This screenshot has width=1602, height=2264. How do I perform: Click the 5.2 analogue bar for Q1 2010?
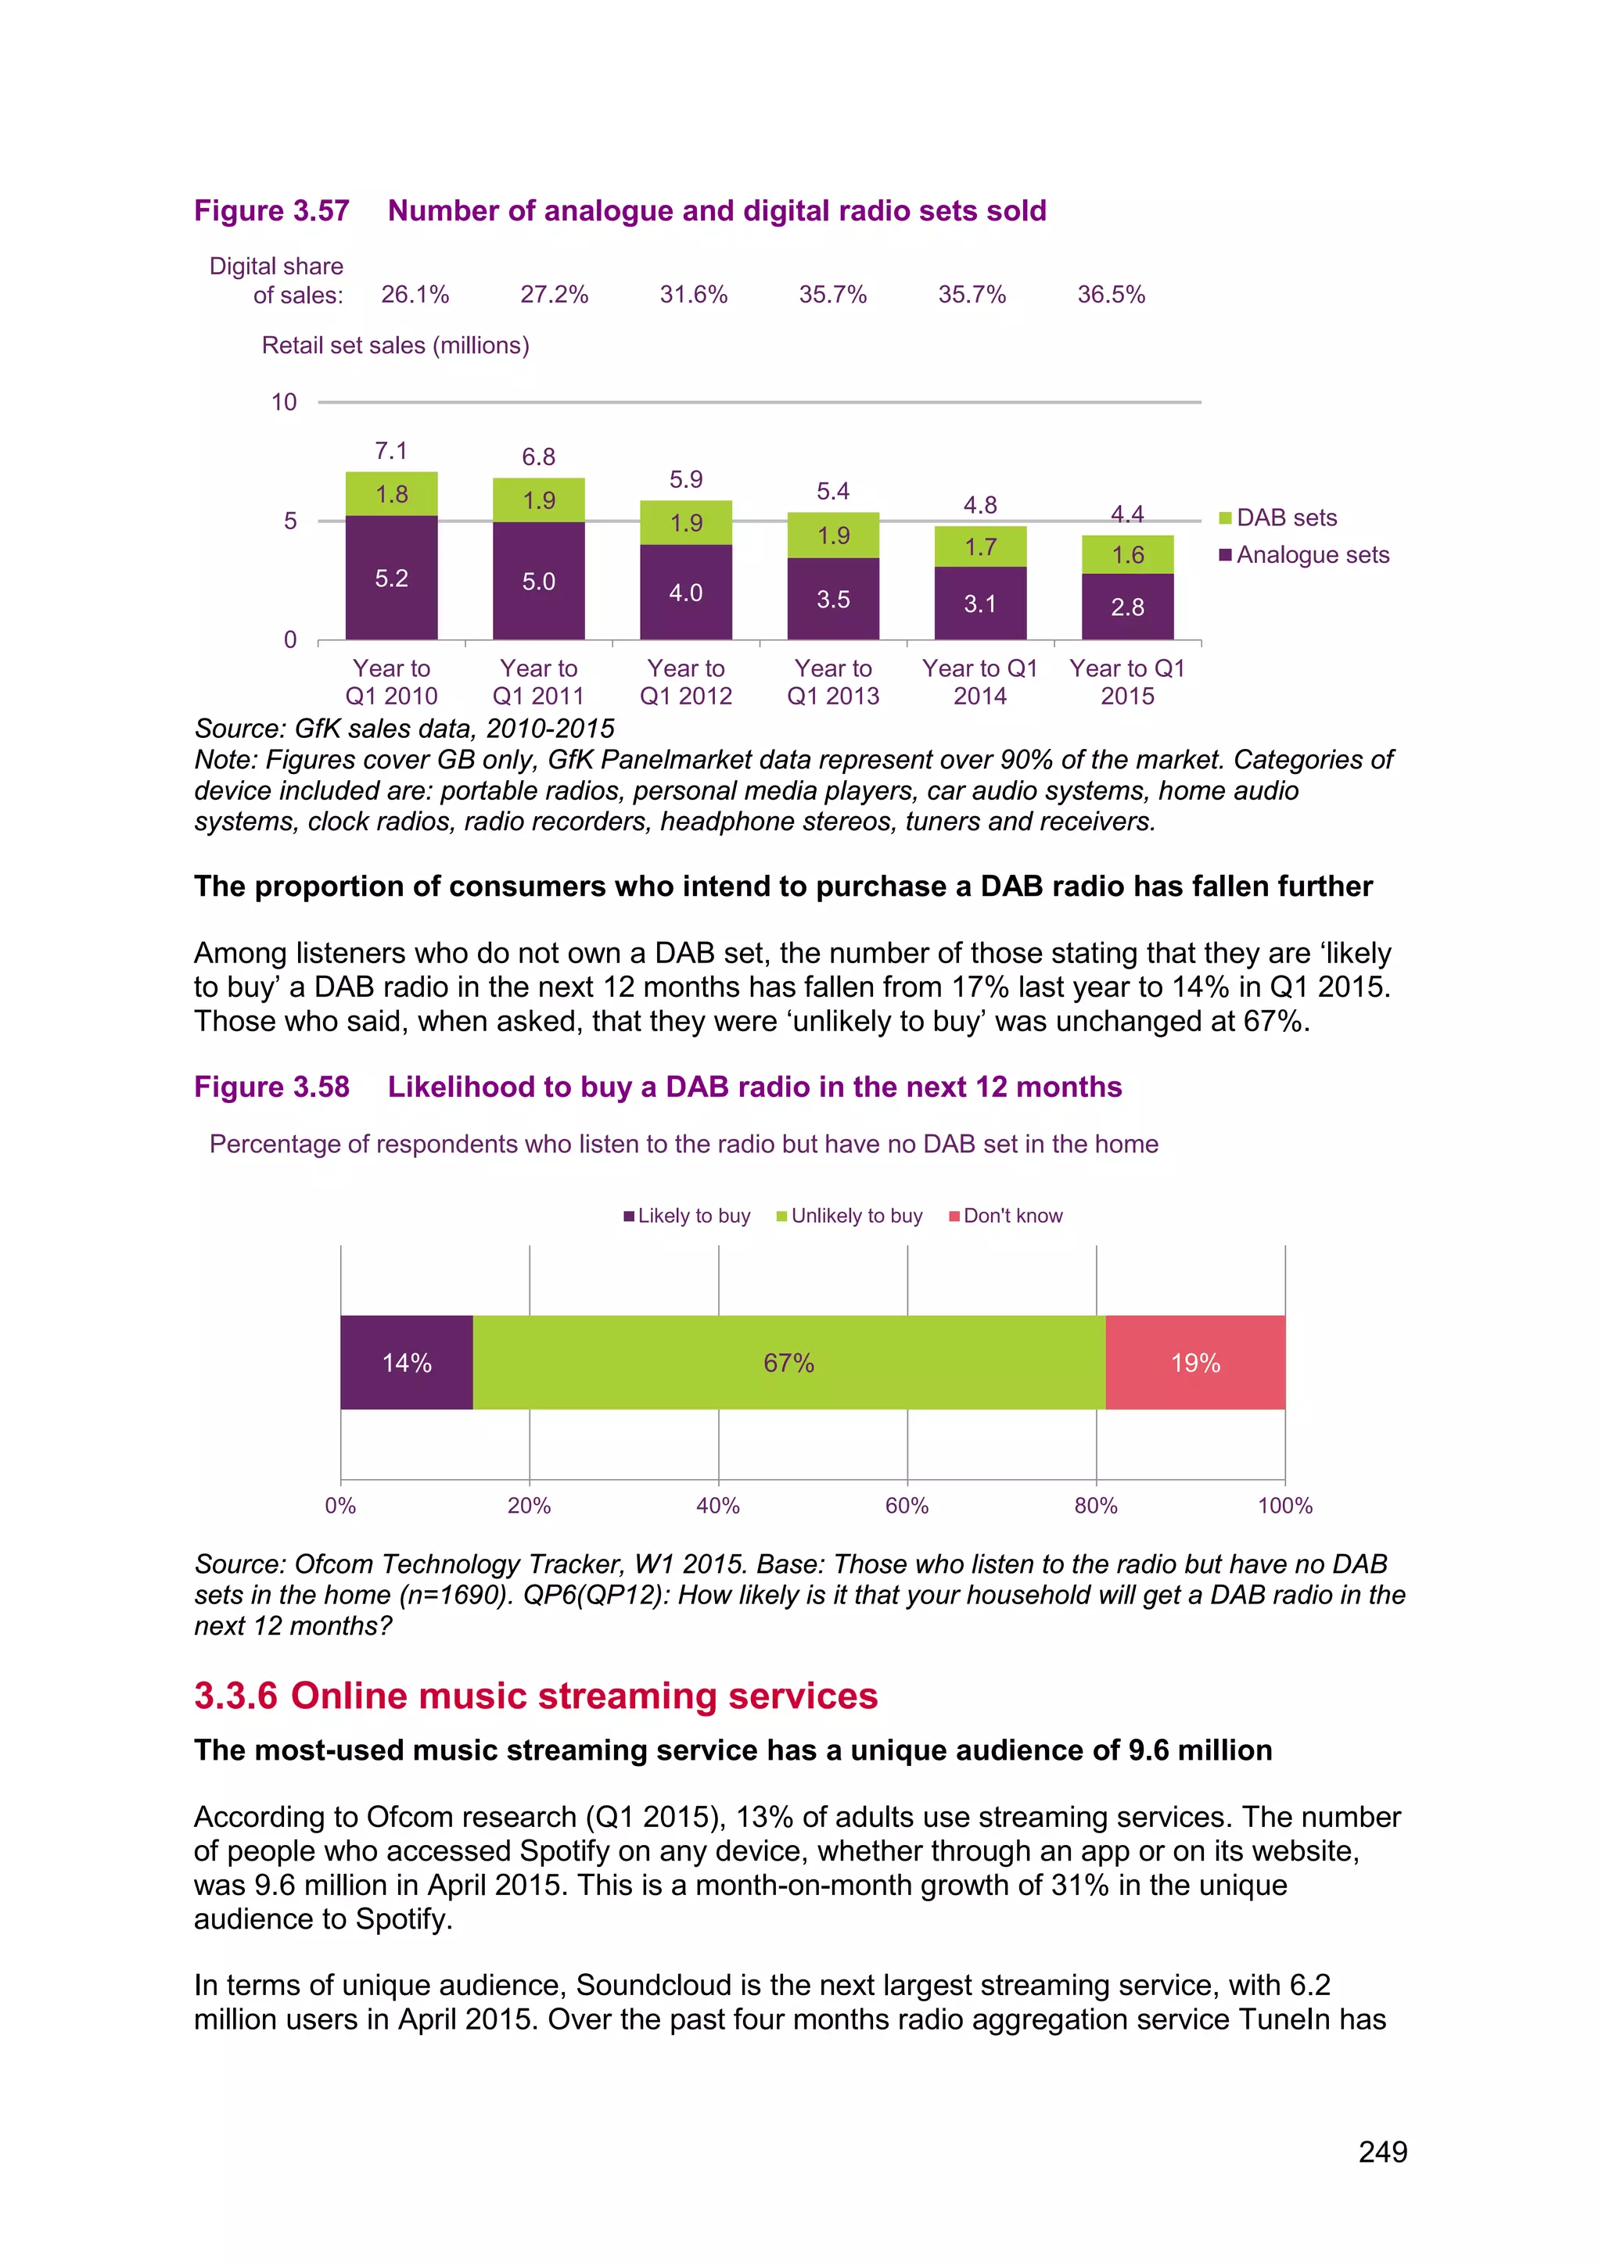tap(392, 578)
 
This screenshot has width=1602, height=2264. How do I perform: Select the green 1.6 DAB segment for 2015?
tap(1127, 555)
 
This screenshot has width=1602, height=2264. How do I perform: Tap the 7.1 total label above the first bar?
tap(392, 452)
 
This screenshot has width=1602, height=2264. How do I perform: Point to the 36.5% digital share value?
tap(1111, 295)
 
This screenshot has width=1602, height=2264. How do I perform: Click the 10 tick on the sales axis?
tap(284, 403)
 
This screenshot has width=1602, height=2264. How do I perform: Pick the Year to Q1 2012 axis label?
tap(685, 682)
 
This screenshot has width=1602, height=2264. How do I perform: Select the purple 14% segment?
tap(407, 1363)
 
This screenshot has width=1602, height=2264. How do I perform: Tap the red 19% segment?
tap(1195, 1363)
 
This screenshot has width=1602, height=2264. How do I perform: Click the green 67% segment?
tap(788, 1363)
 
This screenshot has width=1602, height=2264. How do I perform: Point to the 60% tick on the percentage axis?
tap(907, 1506)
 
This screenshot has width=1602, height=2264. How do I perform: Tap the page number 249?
tap(1382, 2152)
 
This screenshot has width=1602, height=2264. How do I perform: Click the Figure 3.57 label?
tap(271, 211)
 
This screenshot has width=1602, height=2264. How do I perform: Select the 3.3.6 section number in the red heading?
tap(235, 1696)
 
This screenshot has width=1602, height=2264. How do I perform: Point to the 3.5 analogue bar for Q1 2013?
tap(834, 600)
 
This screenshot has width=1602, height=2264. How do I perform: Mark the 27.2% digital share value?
tap(555, 295)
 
